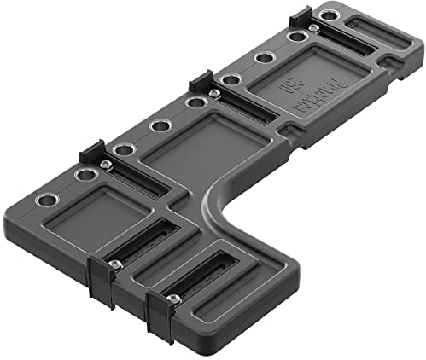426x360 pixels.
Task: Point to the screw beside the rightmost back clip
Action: (314, 28)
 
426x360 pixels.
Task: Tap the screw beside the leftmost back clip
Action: (105, 165)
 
